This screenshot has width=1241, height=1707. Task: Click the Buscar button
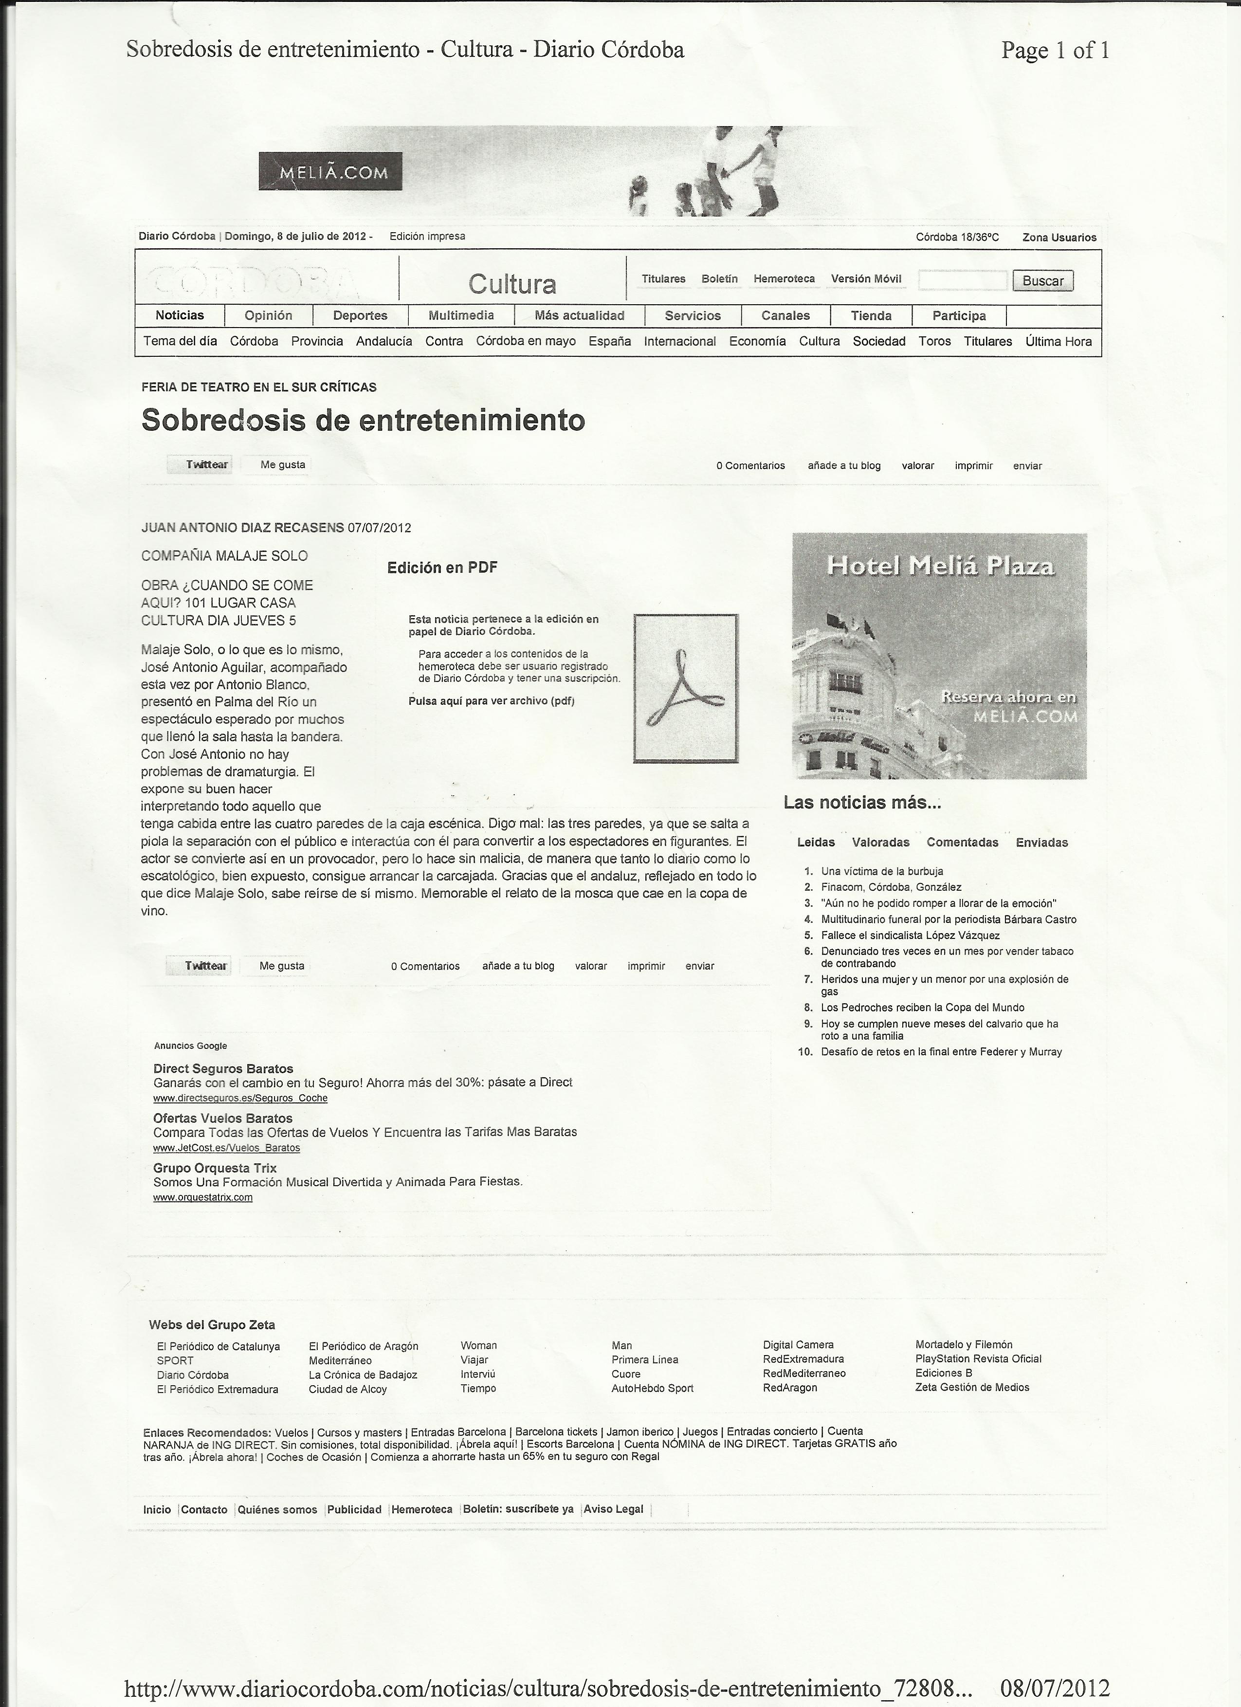click(x=1042, y=281)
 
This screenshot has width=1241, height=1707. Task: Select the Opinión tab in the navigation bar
click(x=268, y=315)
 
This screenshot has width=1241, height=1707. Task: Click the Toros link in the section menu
click(x=935, y=341)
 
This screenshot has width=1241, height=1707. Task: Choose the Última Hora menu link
click(x=1058, y=341)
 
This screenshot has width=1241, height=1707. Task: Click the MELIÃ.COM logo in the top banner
click(x=330, y=172)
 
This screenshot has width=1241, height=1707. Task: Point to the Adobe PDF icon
click(x=686, y=688)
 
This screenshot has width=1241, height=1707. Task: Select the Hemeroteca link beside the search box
click(x=784, y=278)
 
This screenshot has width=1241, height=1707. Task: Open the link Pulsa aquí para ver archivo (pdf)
click(x=491, y=701)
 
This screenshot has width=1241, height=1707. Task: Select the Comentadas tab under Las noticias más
click(x=962, y=842)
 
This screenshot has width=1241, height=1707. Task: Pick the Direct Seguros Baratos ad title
click(x=223, y=1069)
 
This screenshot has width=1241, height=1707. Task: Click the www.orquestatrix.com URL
click(x=202, y=1197)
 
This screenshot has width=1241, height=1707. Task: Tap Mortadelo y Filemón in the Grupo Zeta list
click(x=963, y=1344)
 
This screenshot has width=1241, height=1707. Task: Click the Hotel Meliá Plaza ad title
click(x=940, y=566)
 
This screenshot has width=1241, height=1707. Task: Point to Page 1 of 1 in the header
click(x=1054, y=51)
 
